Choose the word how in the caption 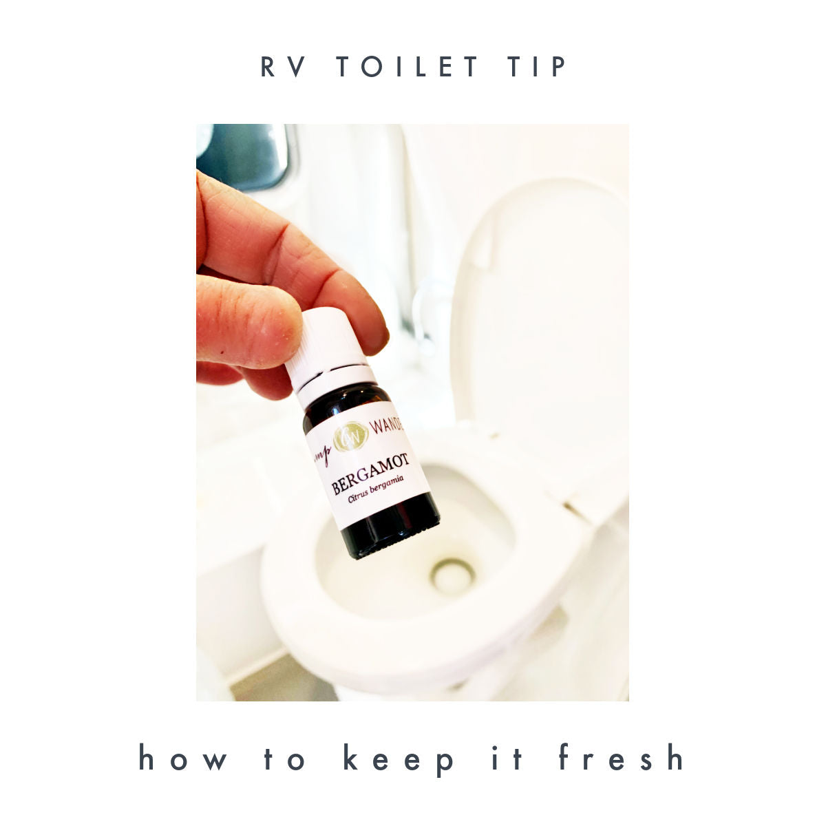(x=183, y=757)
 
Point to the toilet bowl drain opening (x=452, y=575)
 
